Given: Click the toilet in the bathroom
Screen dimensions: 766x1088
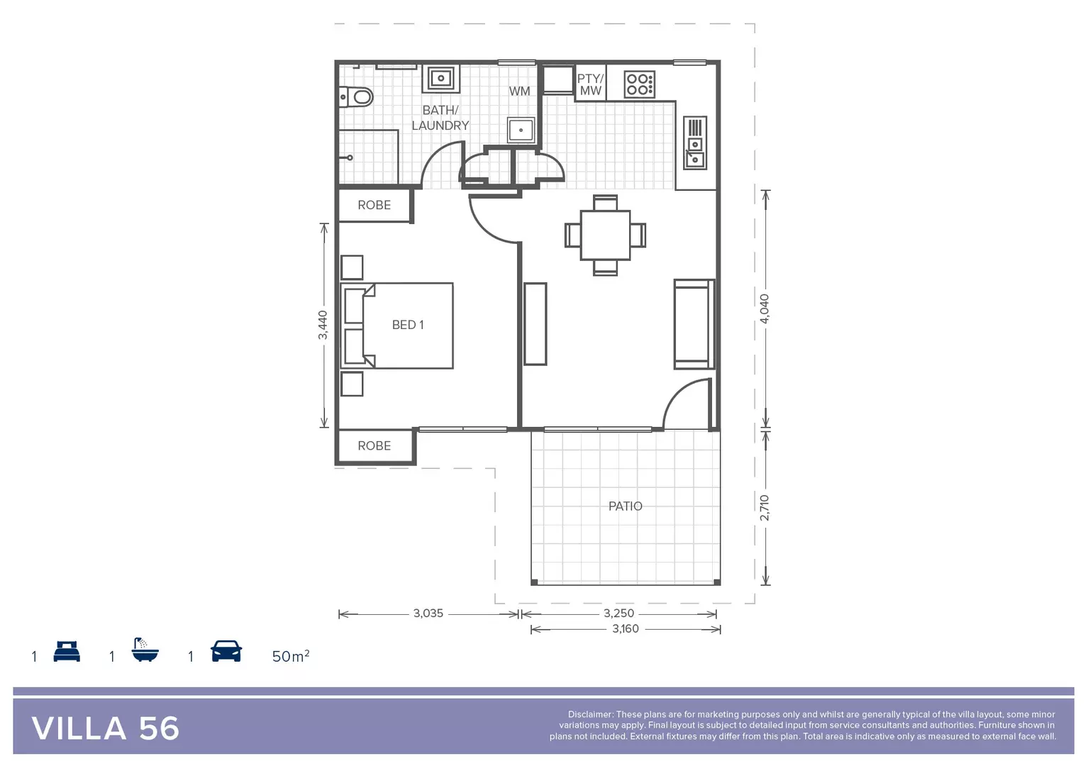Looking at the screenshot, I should (x=357, y=96).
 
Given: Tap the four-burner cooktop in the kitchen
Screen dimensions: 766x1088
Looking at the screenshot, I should (x=639, y=84).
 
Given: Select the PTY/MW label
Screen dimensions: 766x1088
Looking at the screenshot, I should (x=590, y=84).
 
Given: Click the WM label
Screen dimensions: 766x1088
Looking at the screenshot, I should (x=519, y=91).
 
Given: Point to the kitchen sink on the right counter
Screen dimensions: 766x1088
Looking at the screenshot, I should (x=695, y=143).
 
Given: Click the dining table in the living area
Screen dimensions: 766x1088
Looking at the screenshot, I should (x=605, y=235).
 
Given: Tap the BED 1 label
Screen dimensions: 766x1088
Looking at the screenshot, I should (x=408, y=325).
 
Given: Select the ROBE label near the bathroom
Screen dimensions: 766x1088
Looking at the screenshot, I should (x=374, y=205).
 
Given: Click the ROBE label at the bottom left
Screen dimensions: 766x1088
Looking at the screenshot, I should (x=374, y=445).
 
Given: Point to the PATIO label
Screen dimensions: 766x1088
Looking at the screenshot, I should (x=625, y=506).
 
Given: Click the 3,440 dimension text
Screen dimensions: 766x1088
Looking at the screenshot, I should (x=323, y=325).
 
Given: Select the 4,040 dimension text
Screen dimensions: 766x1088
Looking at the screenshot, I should (x=765, y=309).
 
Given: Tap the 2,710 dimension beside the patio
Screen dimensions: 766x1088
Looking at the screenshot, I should (x=765, y=508).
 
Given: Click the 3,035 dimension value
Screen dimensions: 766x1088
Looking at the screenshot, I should (x=428, y=614).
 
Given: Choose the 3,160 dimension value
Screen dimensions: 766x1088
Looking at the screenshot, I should (x=626, y=629).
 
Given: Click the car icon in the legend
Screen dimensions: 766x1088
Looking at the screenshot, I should (x=226, y=651).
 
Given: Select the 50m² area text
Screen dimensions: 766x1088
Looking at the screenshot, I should (x=291, y=656).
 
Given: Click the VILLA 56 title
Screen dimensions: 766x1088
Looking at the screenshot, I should (x=106, y=728).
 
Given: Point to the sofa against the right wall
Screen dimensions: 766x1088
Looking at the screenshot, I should (x=694, y=324).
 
